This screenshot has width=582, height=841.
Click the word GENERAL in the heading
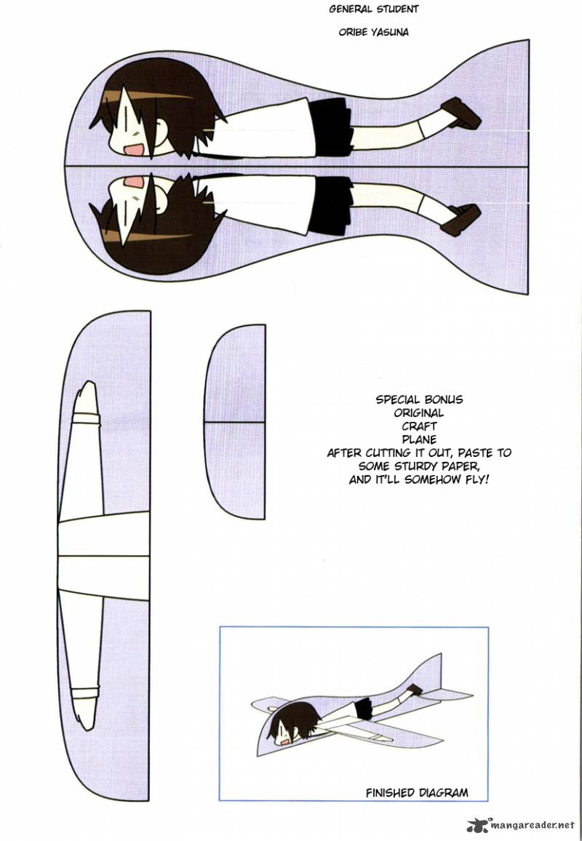pos(350,9)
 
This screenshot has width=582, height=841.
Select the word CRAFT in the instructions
pos(420,426)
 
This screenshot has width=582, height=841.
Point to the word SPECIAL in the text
pos(397,399)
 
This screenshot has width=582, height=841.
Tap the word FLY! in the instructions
pos(475,479)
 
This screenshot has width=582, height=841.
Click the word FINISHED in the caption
pos(391,793)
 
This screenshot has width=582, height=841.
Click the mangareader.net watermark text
pos(532,825)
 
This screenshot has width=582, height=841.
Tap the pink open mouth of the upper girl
pos(134,148)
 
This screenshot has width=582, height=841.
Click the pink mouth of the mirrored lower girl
pos(134,183)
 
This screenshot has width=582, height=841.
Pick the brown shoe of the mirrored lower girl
pos(461,220)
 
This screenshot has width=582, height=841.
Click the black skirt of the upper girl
pos(330,127)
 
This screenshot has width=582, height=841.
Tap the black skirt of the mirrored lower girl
pos(330,206)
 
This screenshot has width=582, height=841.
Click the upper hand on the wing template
pos(86,399)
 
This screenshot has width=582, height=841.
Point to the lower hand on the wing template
pos(86,709)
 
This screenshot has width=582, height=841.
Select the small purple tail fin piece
pos(235,421)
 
